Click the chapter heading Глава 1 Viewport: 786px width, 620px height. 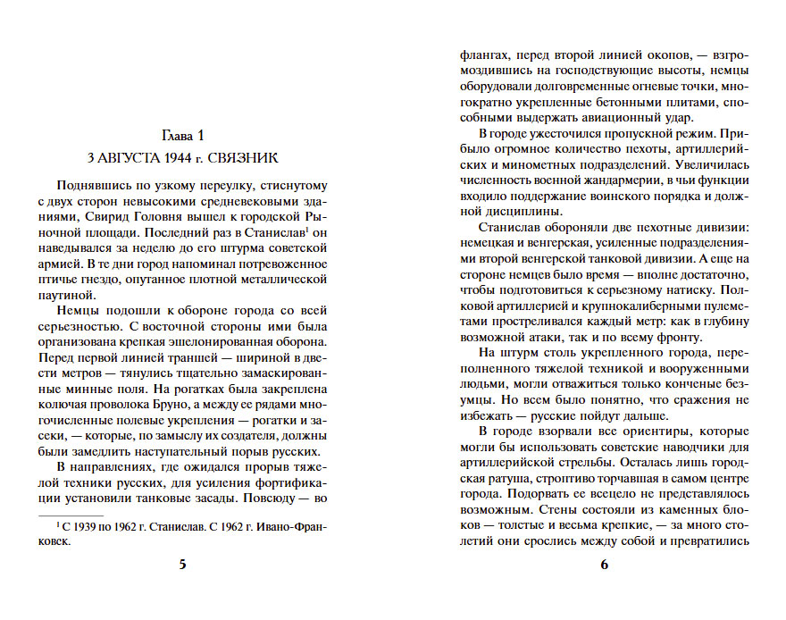pyautogui.click(x=182, y=135)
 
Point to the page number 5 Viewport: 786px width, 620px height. pyautogui.click(x=183, y=564)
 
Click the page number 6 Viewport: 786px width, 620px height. pyautogui.click(x=604, y=564)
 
